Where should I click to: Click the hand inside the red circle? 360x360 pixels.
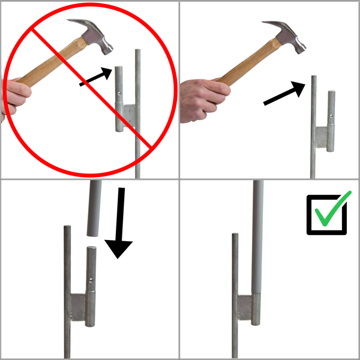(x=15, y=96)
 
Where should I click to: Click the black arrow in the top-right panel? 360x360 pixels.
(x=282, y=93)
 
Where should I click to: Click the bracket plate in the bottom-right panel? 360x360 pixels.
(x=245, y=307)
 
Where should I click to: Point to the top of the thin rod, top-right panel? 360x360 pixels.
(x=313, y=79)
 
